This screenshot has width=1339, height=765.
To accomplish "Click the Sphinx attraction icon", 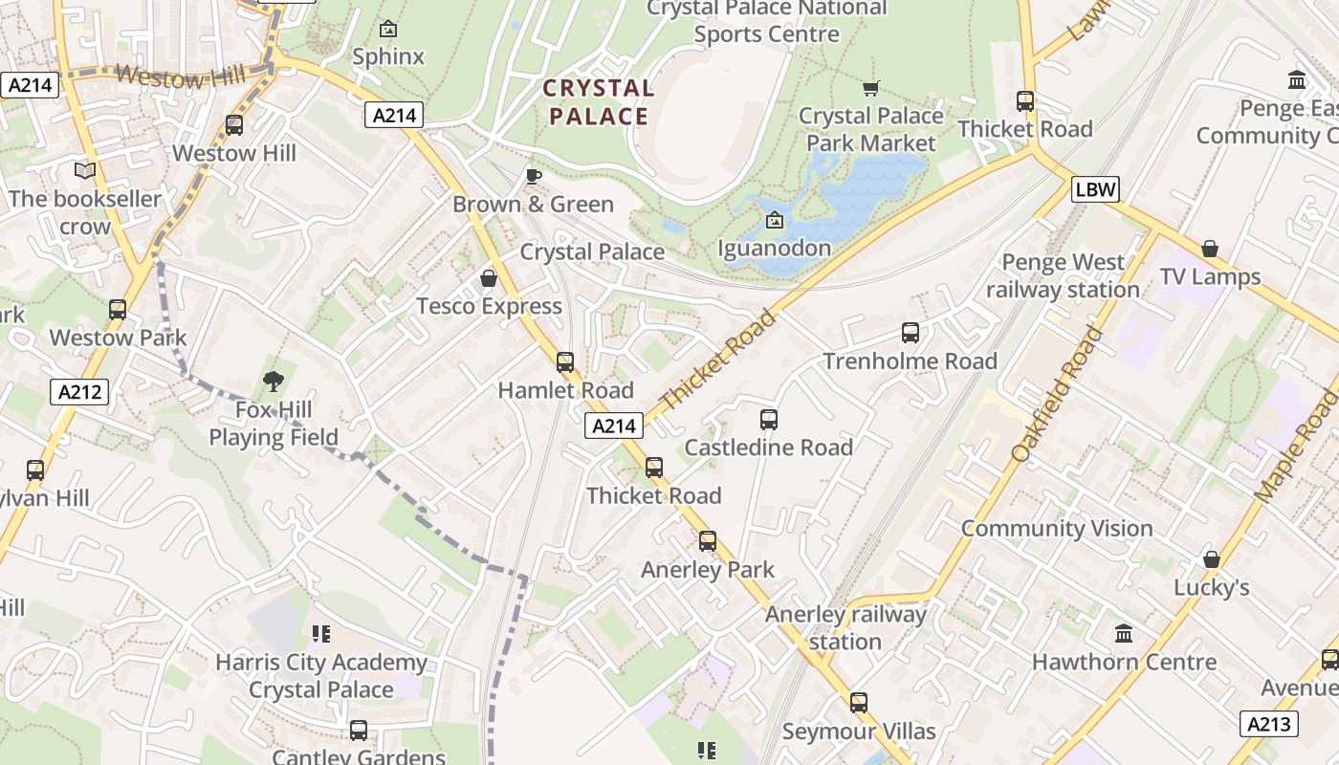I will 387,29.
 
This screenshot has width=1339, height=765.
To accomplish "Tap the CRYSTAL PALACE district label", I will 598,102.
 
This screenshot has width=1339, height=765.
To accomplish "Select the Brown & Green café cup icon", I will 534,176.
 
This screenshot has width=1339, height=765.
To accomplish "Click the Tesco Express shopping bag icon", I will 489,278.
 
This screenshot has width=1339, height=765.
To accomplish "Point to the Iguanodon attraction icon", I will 774,221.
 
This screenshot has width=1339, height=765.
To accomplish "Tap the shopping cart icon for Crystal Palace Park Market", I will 870,88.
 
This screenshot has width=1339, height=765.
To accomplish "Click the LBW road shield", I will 1095,188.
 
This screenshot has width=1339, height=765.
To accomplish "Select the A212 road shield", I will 79,392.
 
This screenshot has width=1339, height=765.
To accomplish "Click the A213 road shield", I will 1269,724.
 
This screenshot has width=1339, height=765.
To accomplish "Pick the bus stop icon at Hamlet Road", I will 565,361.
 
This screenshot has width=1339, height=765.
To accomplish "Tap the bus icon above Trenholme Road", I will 911,333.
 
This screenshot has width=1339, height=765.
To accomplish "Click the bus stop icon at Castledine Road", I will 769,419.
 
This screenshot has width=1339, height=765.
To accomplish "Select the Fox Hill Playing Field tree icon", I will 274,382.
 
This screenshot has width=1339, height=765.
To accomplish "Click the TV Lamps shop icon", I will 1210,249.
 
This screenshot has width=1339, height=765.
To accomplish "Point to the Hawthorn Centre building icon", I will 1124,633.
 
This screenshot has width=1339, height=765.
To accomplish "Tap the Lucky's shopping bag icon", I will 1212,559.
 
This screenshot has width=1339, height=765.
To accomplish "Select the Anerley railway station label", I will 845,627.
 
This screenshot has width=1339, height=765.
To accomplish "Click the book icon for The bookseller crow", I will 85,170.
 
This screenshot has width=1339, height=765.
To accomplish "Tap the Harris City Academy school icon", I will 321,634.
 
